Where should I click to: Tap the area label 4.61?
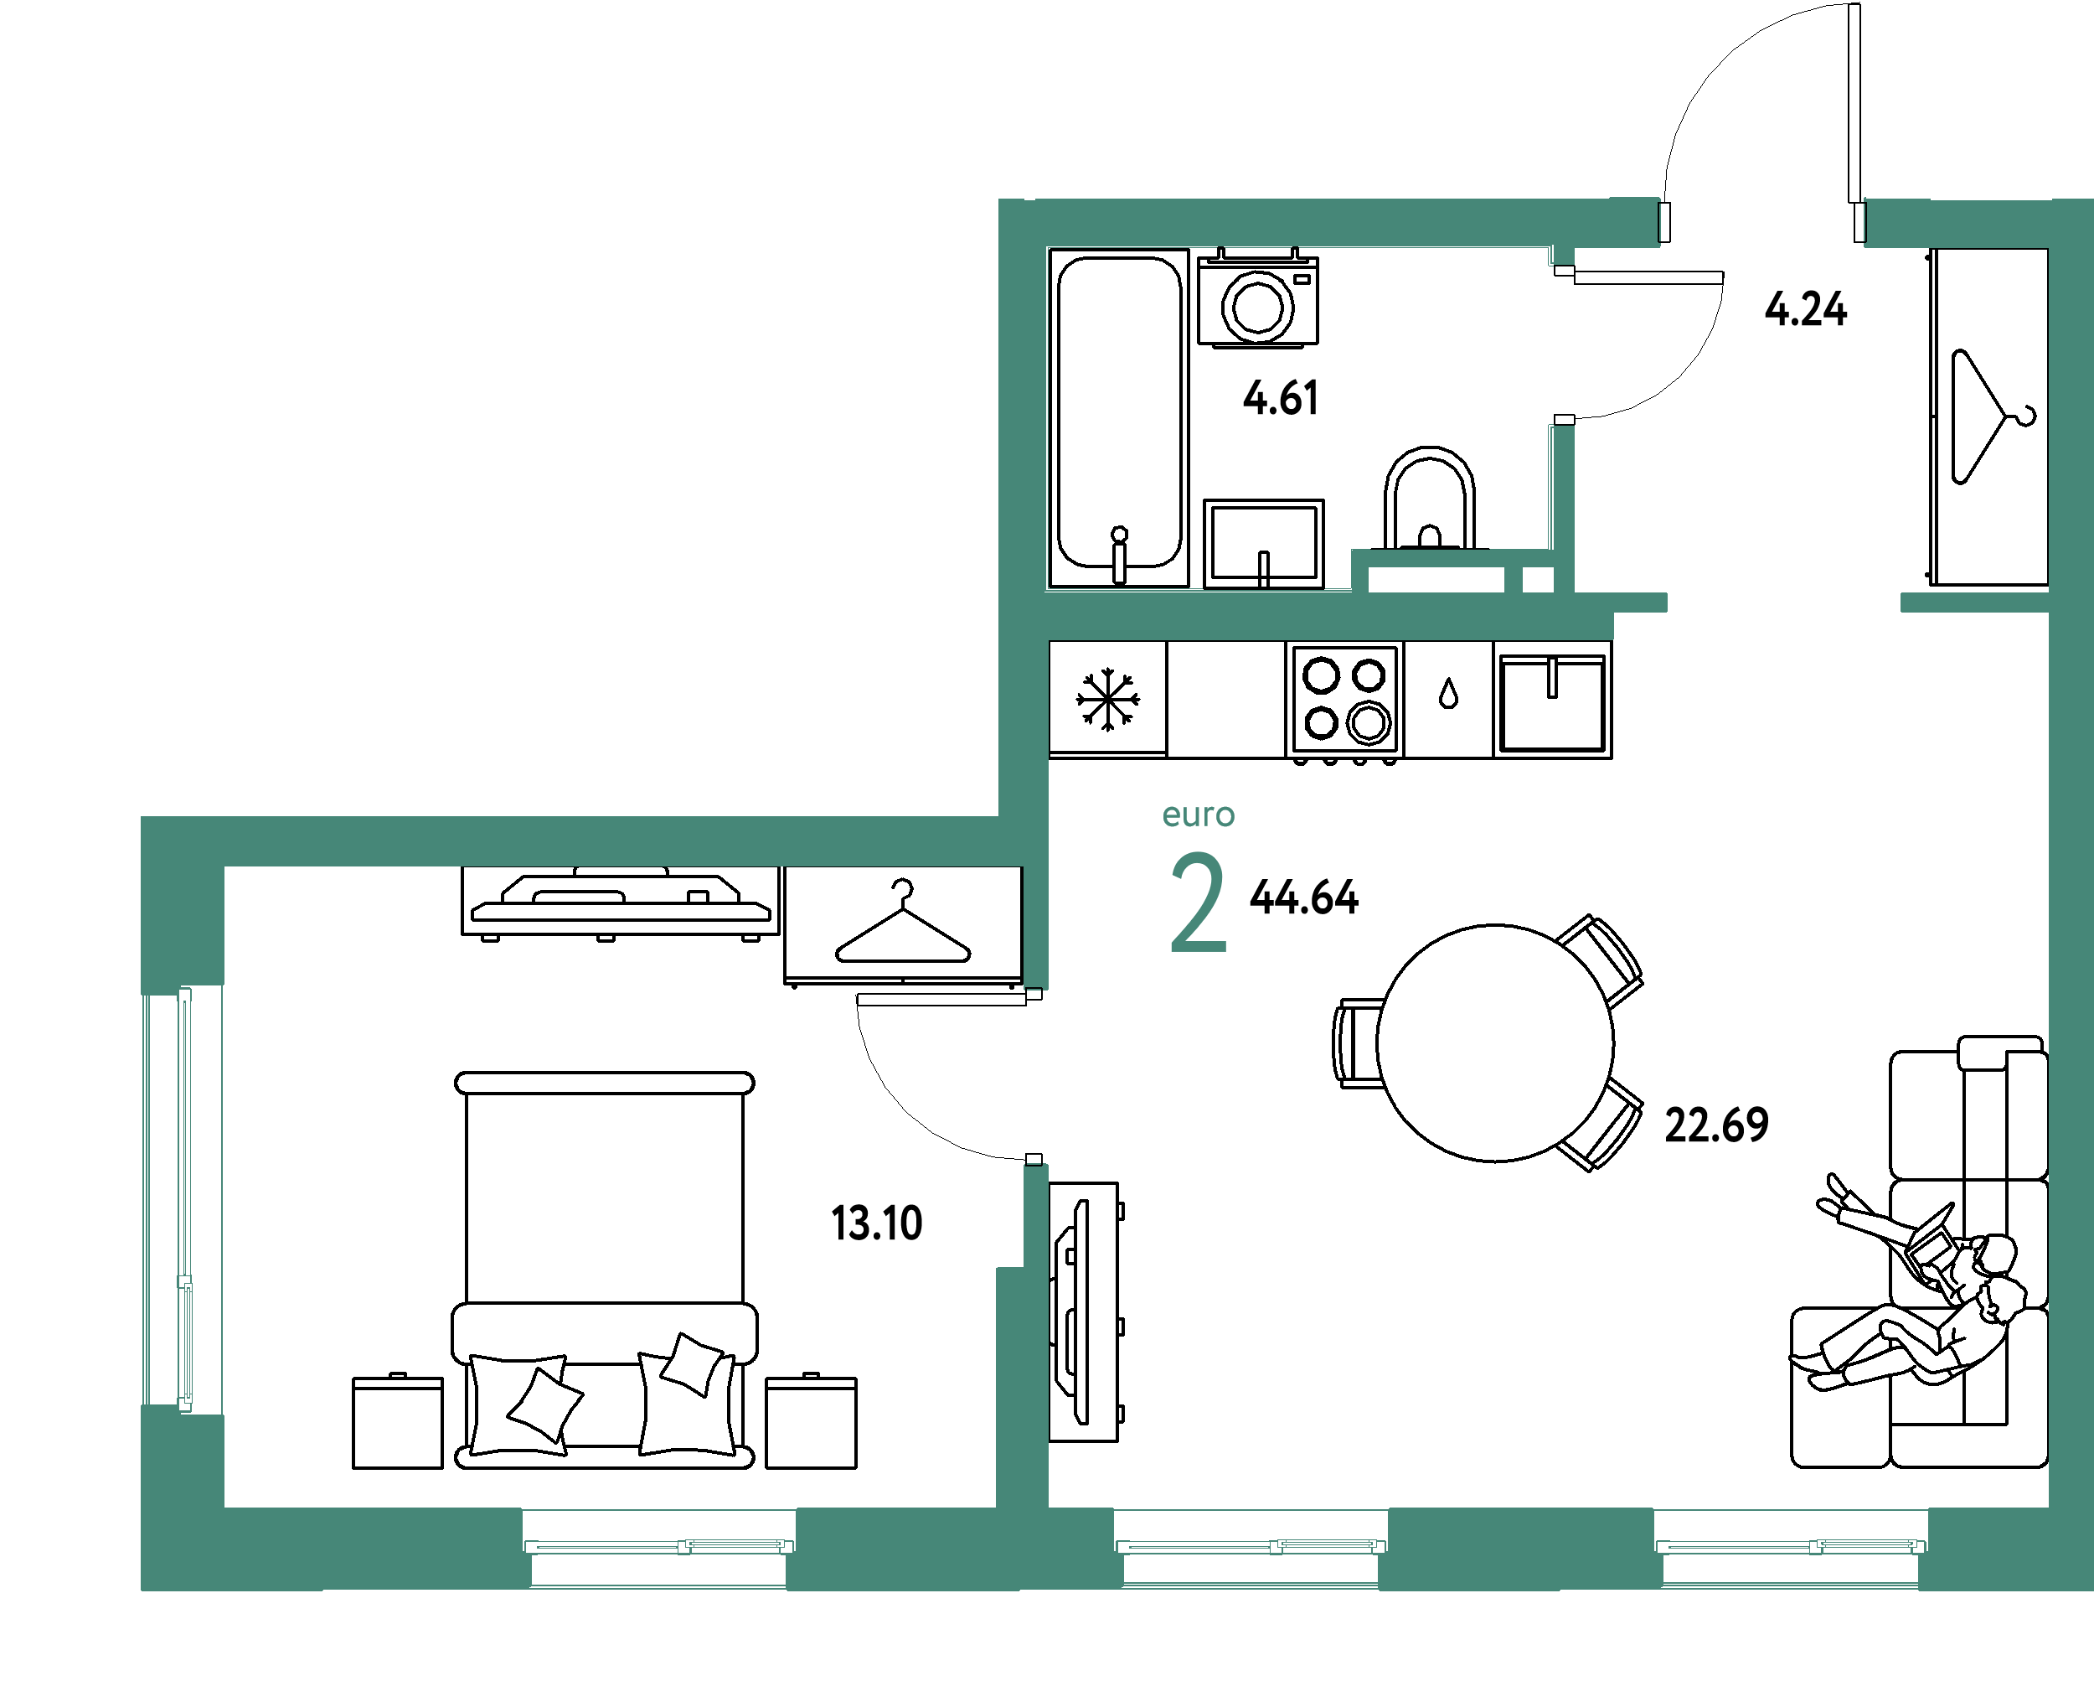coord(1280,398)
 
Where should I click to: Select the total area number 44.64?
coord(1302,896)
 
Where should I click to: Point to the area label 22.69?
coord(1716,1125)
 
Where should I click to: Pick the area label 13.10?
coord(877,1223)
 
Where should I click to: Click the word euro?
coord(1199,815)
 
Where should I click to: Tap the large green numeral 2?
coord(1198,903)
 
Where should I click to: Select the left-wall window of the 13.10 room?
coord(183,1200)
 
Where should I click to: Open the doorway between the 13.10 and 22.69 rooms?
coord(1035,1077)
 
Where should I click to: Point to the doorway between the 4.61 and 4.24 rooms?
coord(1560,345)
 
